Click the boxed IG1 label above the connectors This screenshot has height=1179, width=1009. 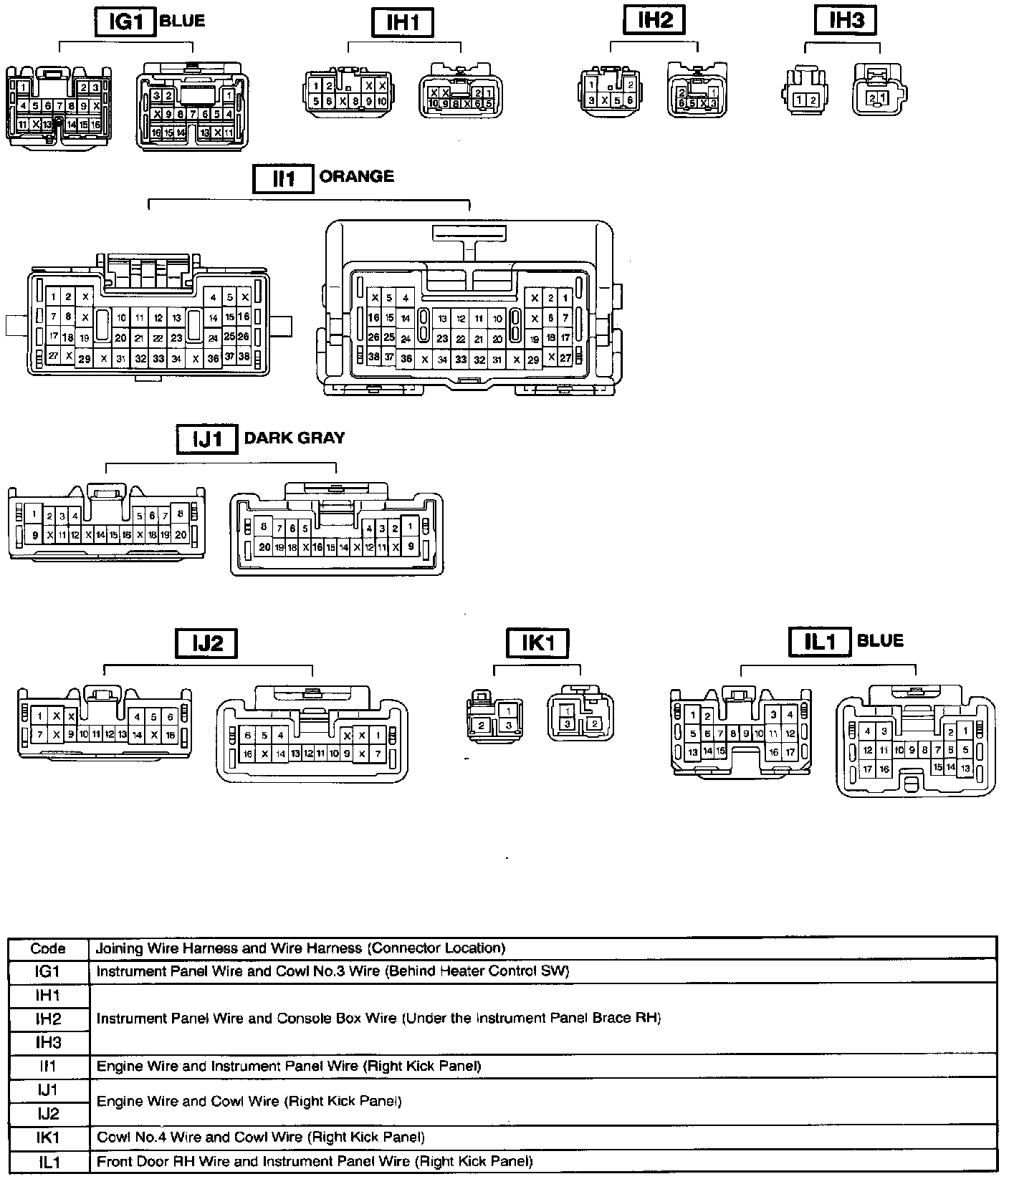coord(125,21)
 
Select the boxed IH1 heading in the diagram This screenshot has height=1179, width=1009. coord(403,22)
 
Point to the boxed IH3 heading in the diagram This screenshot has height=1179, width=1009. coord(846,20)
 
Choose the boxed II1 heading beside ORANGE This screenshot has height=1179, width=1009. coord(284,178)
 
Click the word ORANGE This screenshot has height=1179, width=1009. coord(356,176)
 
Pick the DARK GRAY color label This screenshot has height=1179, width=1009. coord(295,438)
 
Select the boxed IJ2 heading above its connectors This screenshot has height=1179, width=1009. coord(206,643)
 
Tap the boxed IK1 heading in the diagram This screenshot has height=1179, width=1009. coord(537,643)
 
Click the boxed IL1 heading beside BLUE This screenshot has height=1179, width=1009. coord(819,642)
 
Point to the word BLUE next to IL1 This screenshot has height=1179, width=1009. coord(880,640)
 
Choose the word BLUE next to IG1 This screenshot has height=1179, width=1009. coord(182,21)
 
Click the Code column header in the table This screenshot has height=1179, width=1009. coord(48,948)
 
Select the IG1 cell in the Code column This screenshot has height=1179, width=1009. coord(48,971)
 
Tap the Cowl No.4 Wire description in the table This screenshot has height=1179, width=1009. coord(260,1137)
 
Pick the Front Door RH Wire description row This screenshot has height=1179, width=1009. coord(315,1161)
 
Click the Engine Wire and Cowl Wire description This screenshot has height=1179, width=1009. coord(249,1101)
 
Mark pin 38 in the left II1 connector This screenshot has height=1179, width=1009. coord(244,356)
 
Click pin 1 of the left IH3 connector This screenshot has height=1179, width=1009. coord(798,100)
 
